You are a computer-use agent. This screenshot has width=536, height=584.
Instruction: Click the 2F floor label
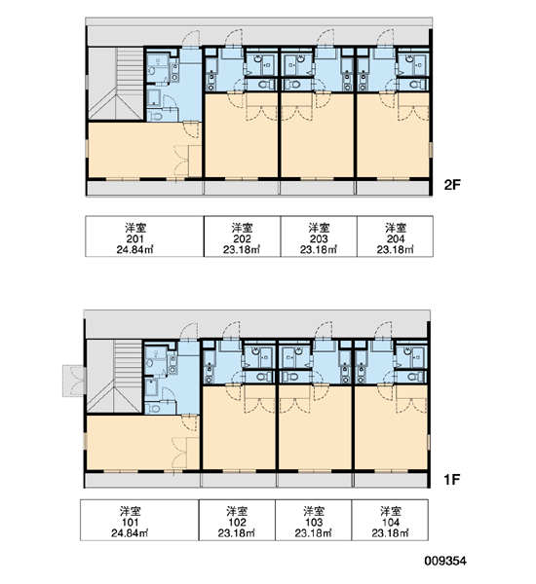click(x=452, y=185)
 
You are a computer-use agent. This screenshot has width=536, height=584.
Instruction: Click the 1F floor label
click(x=451, y=479)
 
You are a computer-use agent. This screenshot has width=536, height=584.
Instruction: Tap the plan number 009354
click(x=445, y=561)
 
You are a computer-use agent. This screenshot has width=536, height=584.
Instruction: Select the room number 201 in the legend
click(x=135, y=238)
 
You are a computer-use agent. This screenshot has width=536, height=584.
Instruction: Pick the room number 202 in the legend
click(x=242, y=238)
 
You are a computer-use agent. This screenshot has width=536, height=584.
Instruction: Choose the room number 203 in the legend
click(x=319, y=238)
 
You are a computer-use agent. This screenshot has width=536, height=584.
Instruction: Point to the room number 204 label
click(x=396, y=238)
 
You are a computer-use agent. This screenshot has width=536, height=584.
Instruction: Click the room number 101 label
click(x=130, y=522)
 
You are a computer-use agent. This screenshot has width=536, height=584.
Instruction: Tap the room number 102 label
click(x=237, y=522)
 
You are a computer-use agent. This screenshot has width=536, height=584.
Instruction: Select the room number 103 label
click(x=314, y=522)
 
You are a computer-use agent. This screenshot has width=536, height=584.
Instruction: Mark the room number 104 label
click(x=391, y=522)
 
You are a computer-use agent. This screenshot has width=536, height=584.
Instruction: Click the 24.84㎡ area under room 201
click(x=135, y=250)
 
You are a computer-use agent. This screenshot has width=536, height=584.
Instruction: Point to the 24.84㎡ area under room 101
click(x=130, y=533)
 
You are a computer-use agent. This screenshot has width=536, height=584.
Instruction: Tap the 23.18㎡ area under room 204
click(x=396, y=250)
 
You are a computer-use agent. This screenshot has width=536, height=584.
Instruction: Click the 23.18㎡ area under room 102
click(x=237, y=533)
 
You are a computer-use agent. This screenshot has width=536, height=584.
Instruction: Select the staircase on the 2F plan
click(x=116, y=84)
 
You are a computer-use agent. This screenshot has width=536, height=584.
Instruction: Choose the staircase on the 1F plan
click(x=114, y=376)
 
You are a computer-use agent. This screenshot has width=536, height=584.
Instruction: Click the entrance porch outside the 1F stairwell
click(x=73, y=381)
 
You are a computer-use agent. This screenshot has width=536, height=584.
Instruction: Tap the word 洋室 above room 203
click(x=319, y=228)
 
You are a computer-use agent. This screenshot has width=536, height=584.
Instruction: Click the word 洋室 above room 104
click(x=391, y=511)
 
